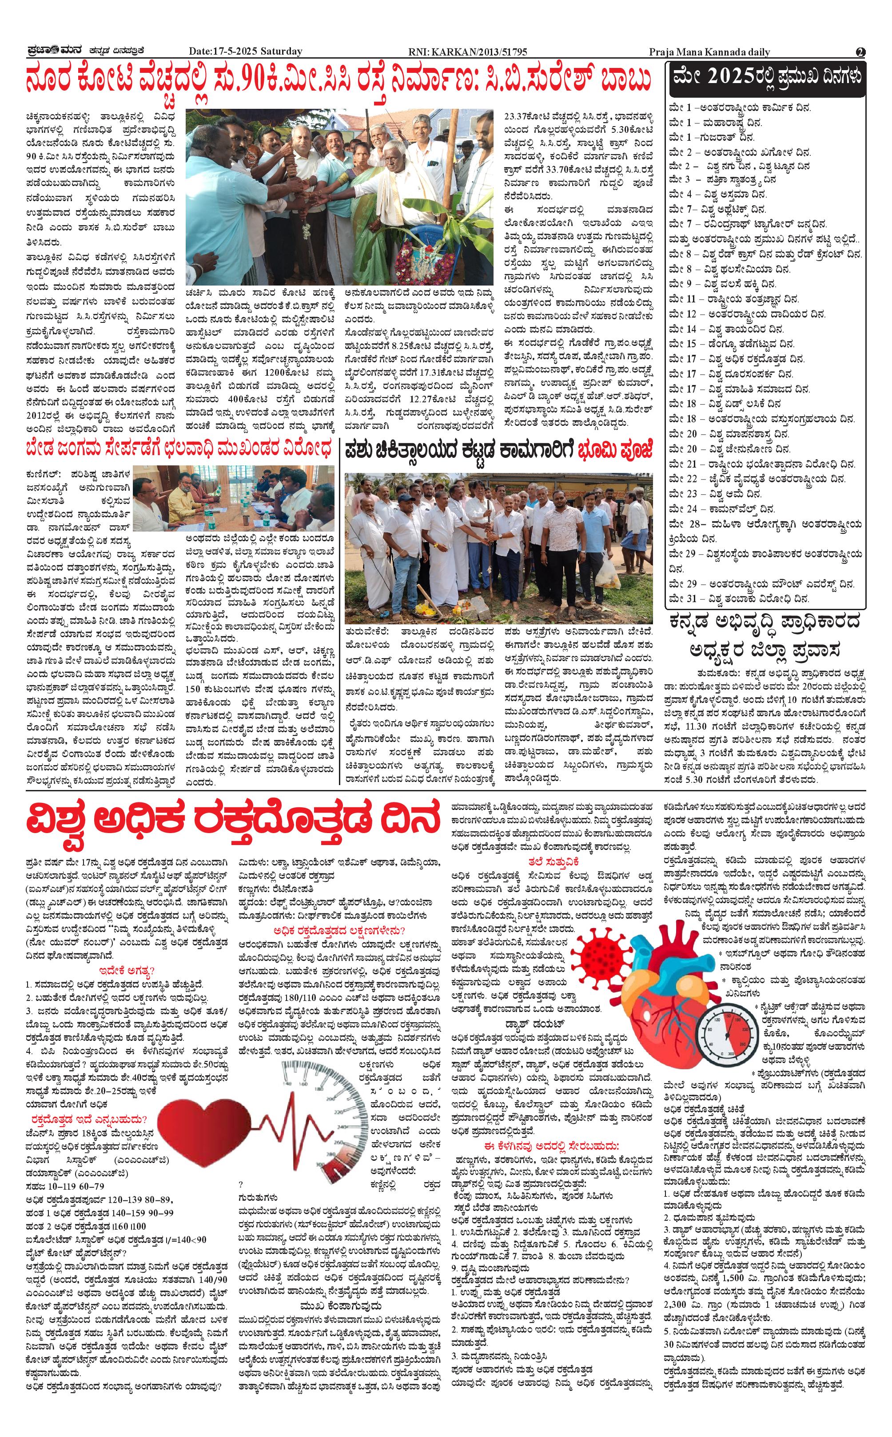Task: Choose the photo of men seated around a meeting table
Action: (x=233, y=498)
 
